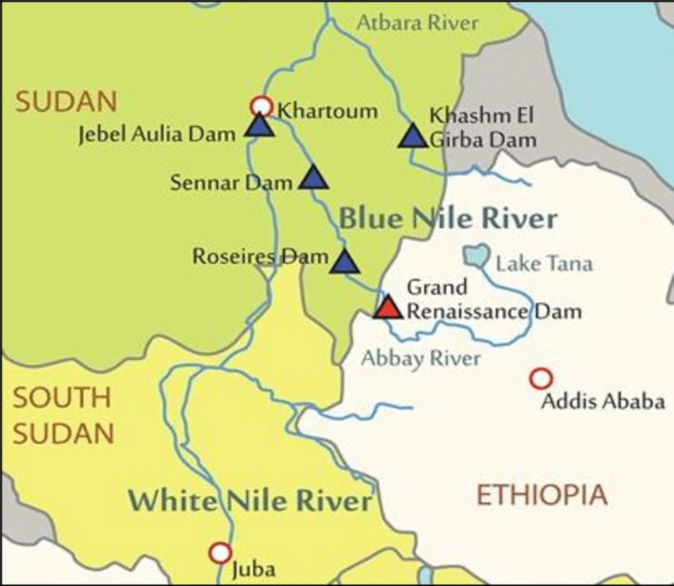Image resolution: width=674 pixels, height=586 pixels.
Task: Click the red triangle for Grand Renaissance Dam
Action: pos(388,308)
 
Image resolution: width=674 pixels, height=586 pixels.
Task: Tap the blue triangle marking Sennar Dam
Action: pos(313,179)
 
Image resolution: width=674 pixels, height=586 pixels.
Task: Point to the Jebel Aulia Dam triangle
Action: pos(258,127)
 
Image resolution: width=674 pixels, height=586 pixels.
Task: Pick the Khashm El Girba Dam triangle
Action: pos(413,136)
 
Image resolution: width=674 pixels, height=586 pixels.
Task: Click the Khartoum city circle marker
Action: pos(261,106)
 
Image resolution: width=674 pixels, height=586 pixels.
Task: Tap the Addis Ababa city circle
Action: pos(541,379)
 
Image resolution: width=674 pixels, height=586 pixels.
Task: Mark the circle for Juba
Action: pos(220,553)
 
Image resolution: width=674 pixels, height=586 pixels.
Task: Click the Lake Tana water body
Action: pos(477,255)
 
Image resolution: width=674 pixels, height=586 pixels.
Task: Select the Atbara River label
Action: pos(417,22)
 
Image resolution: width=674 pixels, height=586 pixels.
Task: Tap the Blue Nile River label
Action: pos(448,219)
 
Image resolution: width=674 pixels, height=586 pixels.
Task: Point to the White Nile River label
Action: pos(250,501)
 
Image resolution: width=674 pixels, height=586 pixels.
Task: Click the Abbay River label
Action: pos(421,358)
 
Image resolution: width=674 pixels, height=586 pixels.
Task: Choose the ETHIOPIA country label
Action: pos(542,496)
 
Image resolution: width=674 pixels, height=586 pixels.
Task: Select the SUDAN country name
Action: pos(67,101)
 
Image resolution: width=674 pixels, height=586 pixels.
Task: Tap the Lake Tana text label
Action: pos(544,263)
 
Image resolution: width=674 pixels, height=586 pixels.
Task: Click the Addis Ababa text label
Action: pos(603,402)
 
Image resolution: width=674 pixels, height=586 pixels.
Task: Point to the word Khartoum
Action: pos(327,110)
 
